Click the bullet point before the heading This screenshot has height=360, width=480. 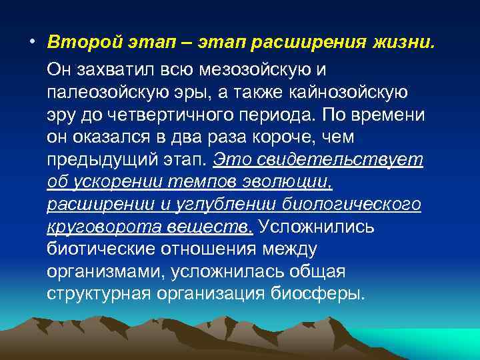31,43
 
